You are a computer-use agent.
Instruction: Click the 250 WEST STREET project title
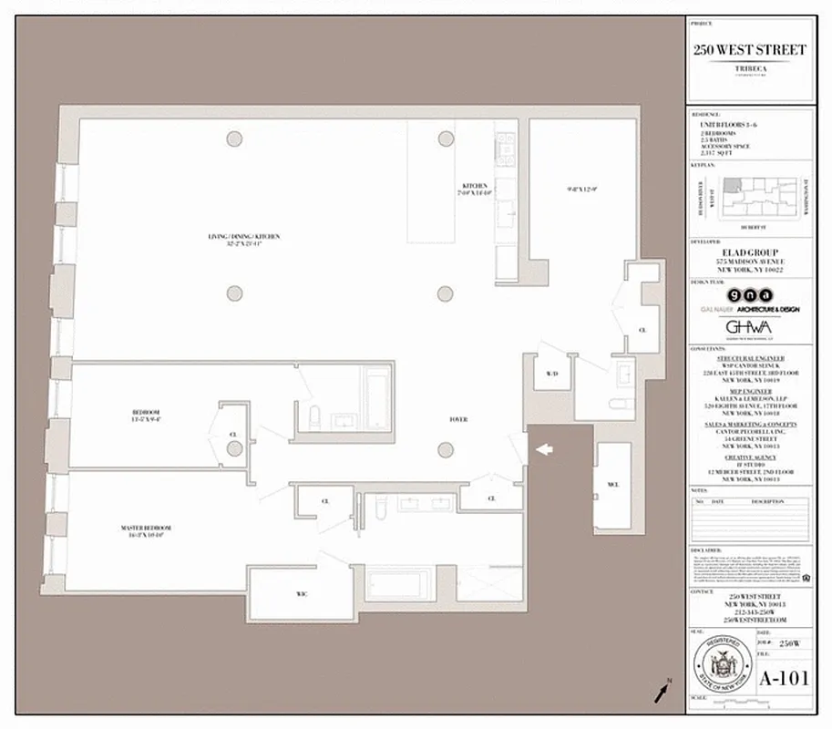(748, 49)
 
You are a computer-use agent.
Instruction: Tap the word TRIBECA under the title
(748, 68)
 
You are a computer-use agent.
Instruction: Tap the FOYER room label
(458, 419)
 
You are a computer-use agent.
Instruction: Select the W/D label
(551, 375)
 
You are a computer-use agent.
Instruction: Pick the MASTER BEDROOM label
(146, 528)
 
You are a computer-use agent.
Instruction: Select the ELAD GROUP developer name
(748, 253)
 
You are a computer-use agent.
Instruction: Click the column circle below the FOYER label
(445, 449)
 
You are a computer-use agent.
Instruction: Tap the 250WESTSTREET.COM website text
(748, 619)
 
